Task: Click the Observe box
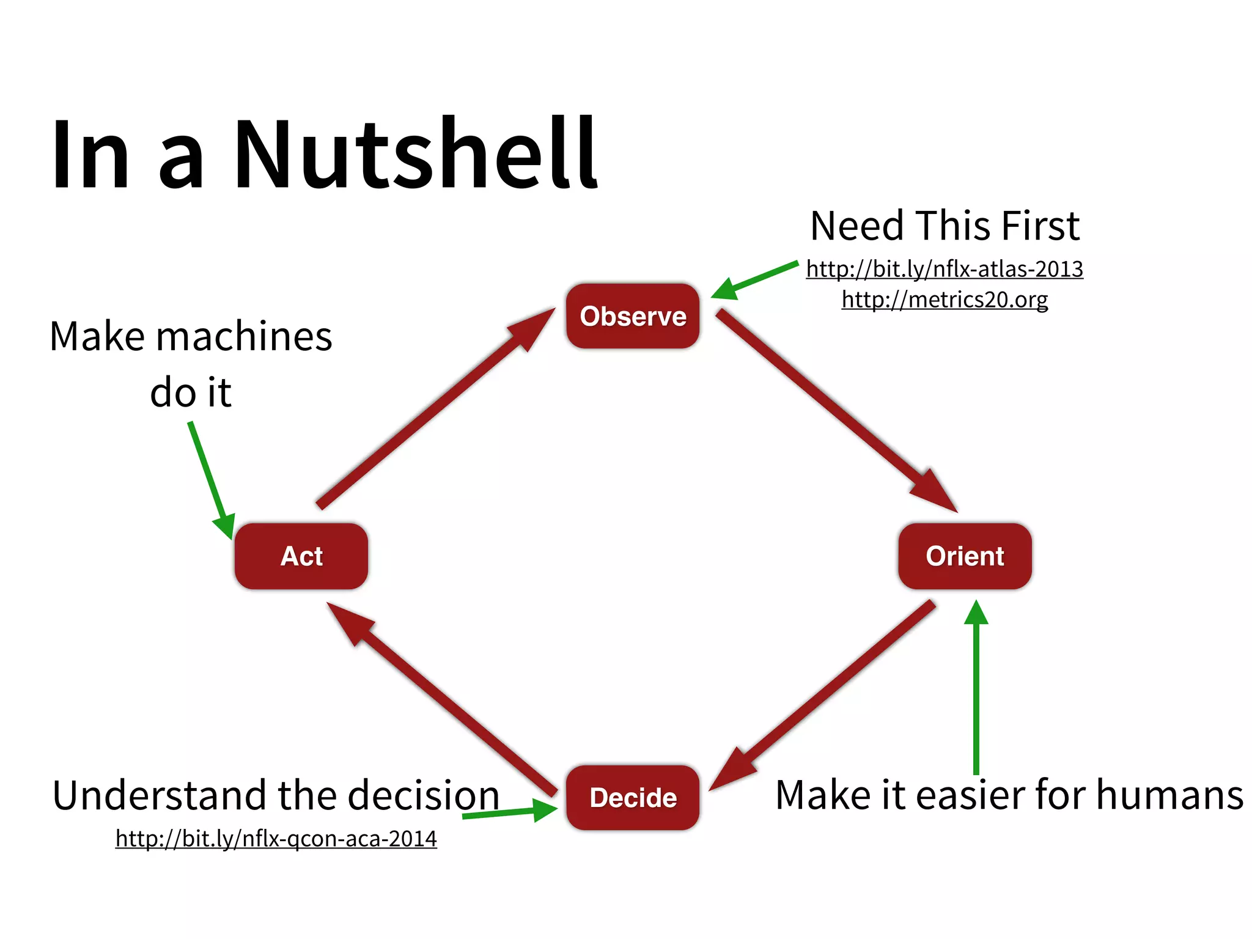click(x=633, y=316)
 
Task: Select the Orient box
click(x=965, y=556)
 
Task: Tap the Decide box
click(x=633, y=797)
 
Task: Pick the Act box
click(x=301, y=556)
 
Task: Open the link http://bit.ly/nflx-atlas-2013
click(x=945, y=269)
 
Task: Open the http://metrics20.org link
click(x=945, y=300)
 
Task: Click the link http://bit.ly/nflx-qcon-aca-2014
click(x=276, y=838)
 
